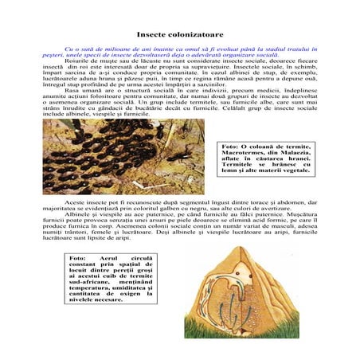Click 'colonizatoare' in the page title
pos(192,35)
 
